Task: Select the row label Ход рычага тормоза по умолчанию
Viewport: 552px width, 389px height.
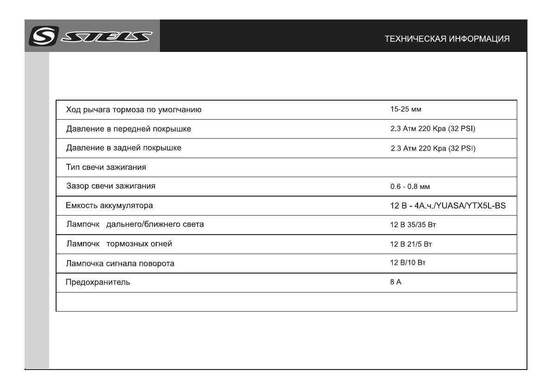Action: [133, 110]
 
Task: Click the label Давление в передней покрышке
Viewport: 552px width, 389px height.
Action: [128, 129]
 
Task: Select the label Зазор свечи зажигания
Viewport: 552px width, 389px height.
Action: [111, 186]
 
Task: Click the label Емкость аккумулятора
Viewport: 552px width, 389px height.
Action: [109, 205]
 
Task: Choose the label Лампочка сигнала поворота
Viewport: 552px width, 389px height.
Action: [120, 264]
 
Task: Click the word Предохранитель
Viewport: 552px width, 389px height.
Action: [97, 282]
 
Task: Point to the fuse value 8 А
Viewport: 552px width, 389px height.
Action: [395, 282]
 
